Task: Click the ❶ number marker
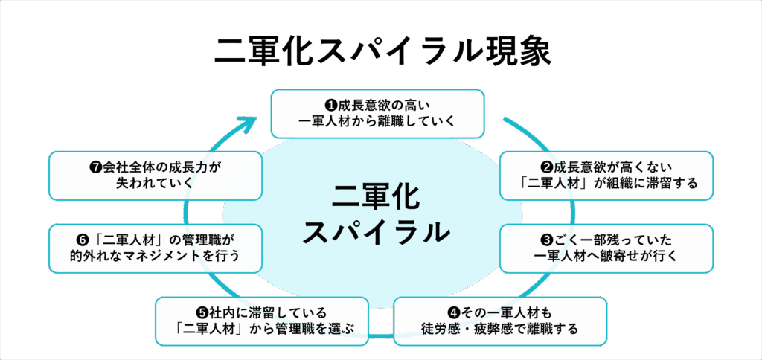[x=331, y=105]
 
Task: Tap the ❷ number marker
[x=543, y=167]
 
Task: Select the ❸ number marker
[x=545, y=240]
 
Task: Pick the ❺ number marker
[x=202, y=312]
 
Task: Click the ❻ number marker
[x=83, y=240]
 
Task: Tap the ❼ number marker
[x=95, y=167]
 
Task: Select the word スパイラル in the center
[x=377, y=232]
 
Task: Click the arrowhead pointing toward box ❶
[x=253, y=120]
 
